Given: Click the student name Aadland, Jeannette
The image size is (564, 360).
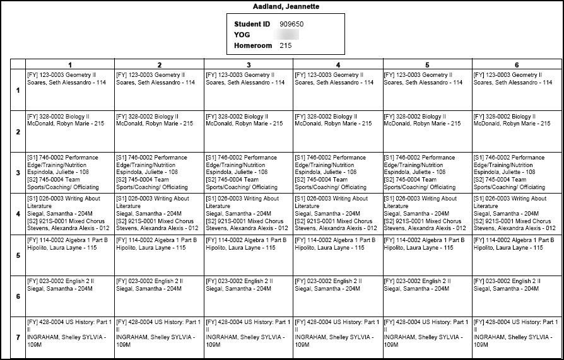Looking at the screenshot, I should click(283, 6).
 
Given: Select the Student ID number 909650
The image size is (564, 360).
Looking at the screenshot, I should click(292, 24).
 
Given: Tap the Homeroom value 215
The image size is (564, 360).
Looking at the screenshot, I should click(285, 45).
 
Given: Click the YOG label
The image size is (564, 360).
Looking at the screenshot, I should click(242, 35).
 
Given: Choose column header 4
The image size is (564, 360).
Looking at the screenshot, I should click(338, 65).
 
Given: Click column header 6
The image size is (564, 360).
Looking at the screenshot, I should click(517, 65).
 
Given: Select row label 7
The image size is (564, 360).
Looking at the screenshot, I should click(18, 337).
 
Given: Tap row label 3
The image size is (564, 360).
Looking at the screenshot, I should click(18, 173).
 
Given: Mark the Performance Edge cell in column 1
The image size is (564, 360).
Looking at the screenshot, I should click(69, 172).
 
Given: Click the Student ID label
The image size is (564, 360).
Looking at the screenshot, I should click(252, 24).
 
